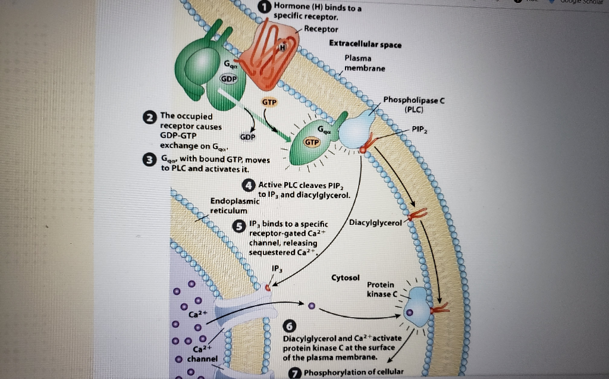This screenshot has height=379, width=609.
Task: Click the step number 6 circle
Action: click(290, 326)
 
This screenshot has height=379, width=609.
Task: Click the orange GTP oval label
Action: click(270, 102)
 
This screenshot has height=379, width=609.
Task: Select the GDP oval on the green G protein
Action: click(229, 79)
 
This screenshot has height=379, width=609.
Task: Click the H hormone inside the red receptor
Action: click(283, 47)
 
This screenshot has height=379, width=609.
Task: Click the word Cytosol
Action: click(346, 278)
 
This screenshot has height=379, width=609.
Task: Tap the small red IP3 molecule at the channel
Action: click(268, 288)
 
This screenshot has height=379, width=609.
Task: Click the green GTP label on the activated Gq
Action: click(312, 143)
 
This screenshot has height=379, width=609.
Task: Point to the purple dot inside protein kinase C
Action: click(408, 311)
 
